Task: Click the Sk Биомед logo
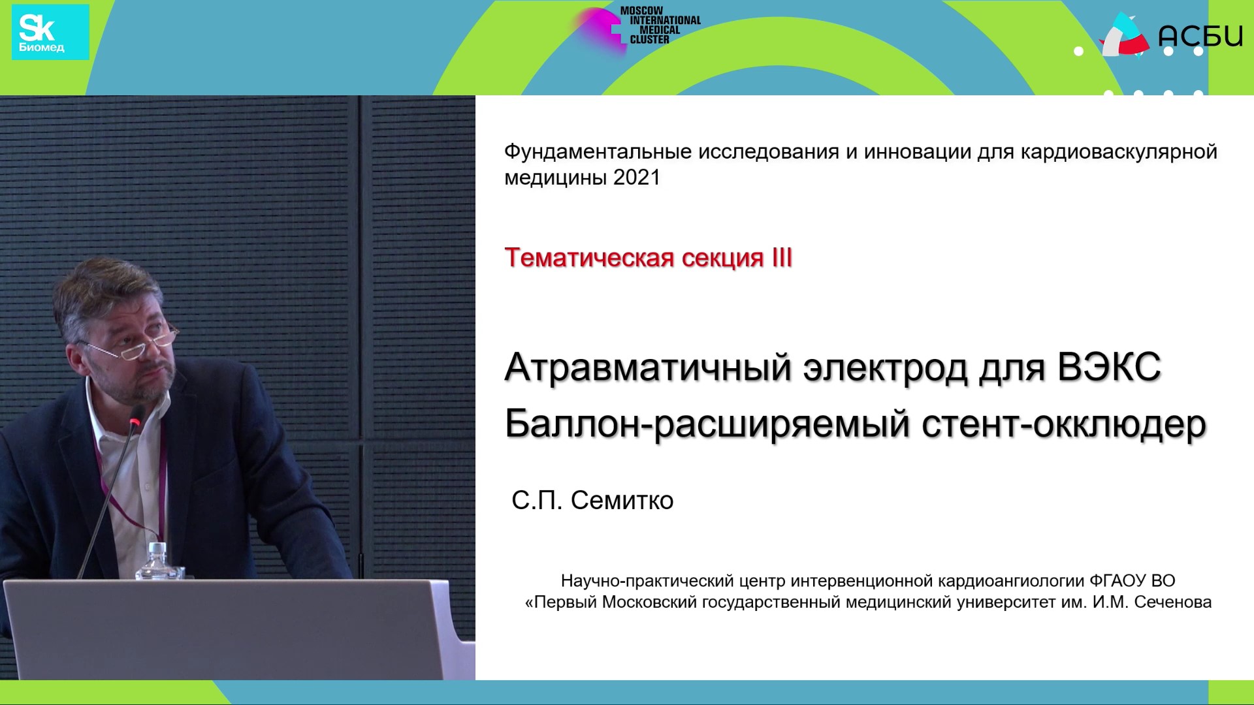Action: click(x=50, y=32)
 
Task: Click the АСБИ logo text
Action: click(x=1200, y=35)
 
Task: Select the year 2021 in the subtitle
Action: click(x=637, y=178)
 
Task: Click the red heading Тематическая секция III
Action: click(x=649, y=258)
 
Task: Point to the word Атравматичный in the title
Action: click(x=649, y=368)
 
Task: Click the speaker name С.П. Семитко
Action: click(x=592, y=501)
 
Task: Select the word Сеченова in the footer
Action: click(x=1173, y=602)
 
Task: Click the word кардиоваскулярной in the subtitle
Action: click(x=1119, y=152)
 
